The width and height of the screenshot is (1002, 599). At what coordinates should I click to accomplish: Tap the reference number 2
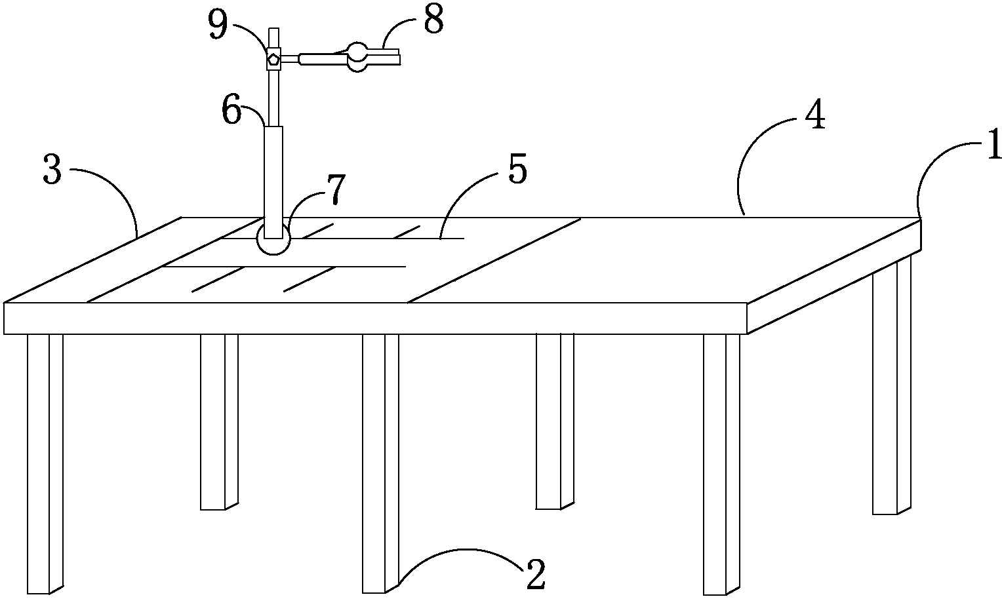pyautogui.click(x=536, y=573)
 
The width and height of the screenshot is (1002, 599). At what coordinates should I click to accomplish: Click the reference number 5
pyautogui.click(x=518, y=171)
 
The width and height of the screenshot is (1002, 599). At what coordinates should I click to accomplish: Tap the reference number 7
pyautogui.click(x=336, y=189)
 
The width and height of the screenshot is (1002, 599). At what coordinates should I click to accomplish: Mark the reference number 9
pyautogui.click(x=218, y=26)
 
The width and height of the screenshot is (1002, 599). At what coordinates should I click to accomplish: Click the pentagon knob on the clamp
pyautogui.click(x=273, y=58)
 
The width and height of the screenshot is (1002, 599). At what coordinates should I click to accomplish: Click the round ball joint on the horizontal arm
pyautogui.click(x=357, y=57)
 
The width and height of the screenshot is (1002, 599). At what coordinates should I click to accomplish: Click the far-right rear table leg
pyautogui.click(x=892, y=385)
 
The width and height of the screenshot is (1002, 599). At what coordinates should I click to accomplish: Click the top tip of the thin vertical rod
pyautogui.click(x=273, y=29)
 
